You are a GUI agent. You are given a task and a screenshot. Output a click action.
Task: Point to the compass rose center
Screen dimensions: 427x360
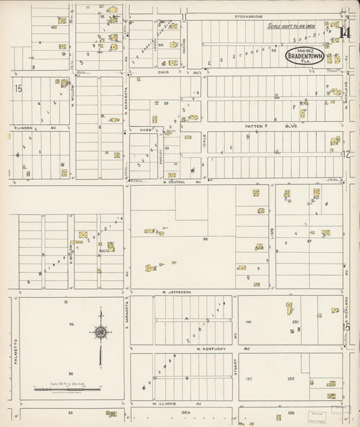(101, 332)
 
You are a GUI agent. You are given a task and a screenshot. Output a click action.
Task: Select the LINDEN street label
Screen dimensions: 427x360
(21, 126)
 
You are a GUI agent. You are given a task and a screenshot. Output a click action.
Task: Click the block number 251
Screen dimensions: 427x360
(295, 323)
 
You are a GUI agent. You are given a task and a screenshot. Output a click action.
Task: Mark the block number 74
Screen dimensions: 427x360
(70, 325)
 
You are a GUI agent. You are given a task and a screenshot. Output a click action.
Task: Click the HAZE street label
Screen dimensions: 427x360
(144, 129)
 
